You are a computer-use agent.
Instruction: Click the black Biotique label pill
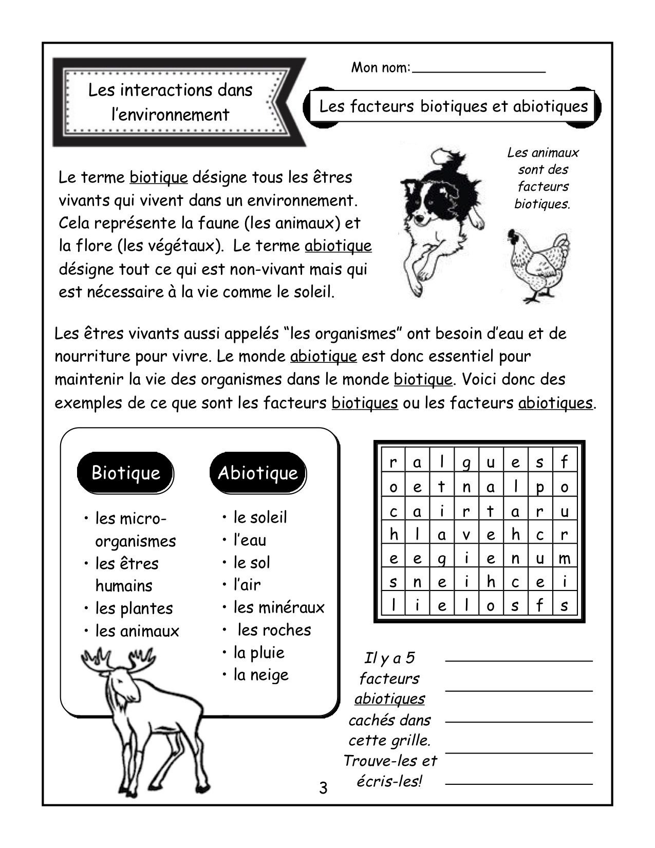point(125,472)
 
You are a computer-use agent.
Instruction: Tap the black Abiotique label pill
point(258,472)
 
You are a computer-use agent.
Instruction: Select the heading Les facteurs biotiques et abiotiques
point(453,106)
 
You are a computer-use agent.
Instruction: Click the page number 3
point(323,788)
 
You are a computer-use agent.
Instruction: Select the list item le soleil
point(260,517)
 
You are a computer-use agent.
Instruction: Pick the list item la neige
point(260,674)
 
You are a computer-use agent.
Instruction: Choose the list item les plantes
point(134,608)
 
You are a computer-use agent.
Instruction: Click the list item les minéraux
point(278,607)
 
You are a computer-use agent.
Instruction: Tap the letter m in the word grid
point(564,558)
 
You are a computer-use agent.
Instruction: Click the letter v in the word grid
point(466,534)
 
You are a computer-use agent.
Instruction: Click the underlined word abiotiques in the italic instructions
point(389,699)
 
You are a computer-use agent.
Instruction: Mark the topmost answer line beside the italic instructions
point(519,659)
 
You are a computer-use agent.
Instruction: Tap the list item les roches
point(274,630)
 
